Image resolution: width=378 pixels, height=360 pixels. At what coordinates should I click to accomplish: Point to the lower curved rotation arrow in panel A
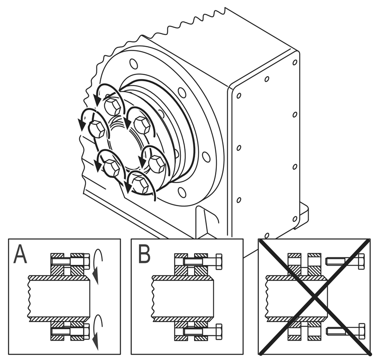pos(97,331)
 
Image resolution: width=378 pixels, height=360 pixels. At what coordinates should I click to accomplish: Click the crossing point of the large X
pos(314,297)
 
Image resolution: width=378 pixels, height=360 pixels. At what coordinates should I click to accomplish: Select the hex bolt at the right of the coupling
pos(157,164)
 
